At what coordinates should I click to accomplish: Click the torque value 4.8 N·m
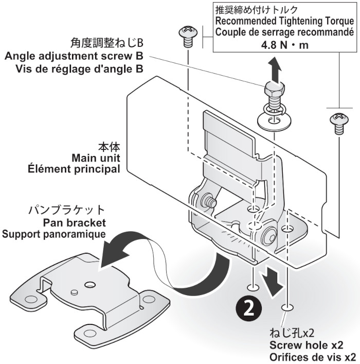tap(283, 43)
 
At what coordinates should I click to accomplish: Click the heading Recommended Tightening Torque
tap(284, 21)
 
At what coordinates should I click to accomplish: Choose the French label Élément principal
tap(85, 168)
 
